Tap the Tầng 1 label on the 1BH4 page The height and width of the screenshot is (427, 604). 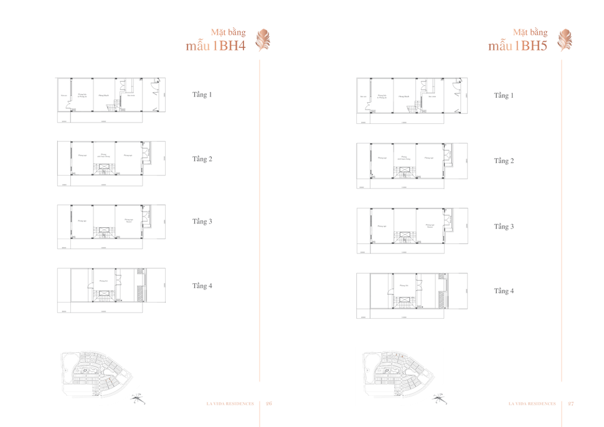[x=202, y=95]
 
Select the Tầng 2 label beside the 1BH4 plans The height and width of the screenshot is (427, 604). [x=202, y=159]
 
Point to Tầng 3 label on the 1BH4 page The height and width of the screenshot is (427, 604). [x=202, y=221]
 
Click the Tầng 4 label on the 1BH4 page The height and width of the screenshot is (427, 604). [x=202, y=286]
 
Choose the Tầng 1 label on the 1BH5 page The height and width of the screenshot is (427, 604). [x=504, y=95]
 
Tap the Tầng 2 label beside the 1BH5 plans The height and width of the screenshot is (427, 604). [x=504, y=161]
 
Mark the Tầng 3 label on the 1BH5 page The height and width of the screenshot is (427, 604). [x=504, y=227]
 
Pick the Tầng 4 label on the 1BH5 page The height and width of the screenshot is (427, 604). [x=504, y=291]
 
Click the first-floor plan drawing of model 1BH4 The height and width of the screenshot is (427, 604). [x=111, y=100]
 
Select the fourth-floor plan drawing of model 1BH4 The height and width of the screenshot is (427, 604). [x=111, y=289]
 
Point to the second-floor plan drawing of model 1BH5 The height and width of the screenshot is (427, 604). [x=412, y=165]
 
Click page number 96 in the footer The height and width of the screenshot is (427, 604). [x=269, y=403]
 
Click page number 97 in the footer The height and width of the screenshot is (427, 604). [x=571, y=403]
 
